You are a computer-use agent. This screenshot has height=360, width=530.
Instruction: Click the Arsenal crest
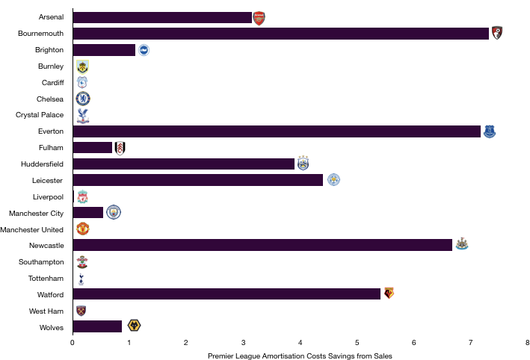(259, 19)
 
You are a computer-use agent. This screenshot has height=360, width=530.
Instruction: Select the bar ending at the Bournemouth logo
(280, 34)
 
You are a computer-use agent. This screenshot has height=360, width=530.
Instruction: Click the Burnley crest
(82, 66)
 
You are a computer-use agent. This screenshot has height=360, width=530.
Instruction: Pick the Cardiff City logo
(82, 83)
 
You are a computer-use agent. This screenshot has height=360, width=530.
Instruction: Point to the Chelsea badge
(82, 99)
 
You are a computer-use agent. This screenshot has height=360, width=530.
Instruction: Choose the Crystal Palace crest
(82, 115)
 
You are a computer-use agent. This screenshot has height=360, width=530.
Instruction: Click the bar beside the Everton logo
(277, 131)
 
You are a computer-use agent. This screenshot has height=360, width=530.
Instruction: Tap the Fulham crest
(120, 148)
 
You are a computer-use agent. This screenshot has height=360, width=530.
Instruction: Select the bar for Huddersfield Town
(184, 164)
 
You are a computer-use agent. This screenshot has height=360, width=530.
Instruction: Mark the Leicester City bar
(198, 180)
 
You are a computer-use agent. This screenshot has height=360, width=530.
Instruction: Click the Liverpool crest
(82, 196)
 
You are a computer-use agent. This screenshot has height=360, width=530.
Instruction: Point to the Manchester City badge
(114, 212)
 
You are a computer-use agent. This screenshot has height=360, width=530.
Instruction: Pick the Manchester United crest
(82, 229)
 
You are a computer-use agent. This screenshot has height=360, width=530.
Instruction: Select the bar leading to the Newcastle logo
(262, 245)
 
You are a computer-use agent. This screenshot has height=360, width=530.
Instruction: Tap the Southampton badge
(82, 262)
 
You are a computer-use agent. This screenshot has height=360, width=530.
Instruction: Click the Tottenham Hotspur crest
(81, 279)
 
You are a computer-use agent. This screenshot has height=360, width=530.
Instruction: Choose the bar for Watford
(227, 294)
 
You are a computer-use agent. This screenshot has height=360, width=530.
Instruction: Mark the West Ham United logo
(81, 311)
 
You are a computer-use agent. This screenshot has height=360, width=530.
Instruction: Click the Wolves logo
(134, 326)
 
